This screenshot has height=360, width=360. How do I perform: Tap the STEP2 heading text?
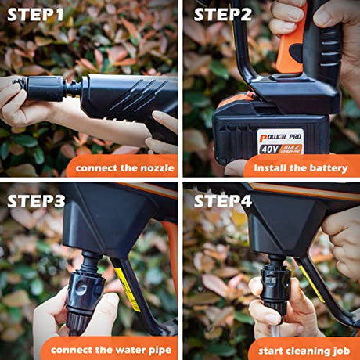pyautogui.click(x=222, y=16)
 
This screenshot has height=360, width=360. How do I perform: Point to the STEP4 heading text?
pyautogui.click(x=222, y=200)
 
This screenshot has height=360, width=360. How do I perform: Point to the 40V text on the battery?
pyautogui.click(x=271, y=146)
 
